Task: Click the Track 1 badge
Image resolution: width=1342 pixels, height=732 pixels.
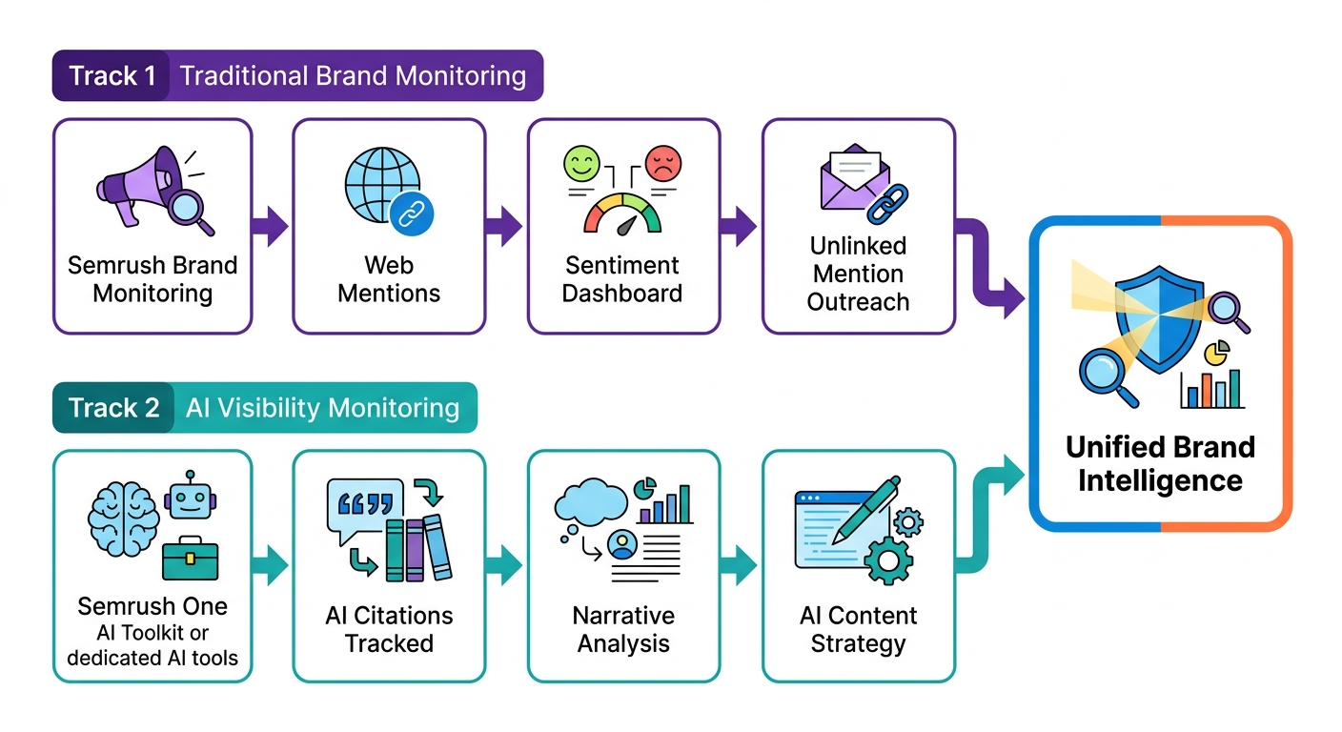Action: click(112, 76)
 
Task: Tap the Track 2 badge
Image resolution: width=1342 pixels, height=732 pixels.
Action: click(113, 409)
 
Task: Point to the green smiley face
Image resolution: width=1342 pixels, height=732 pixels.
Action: click(583, 164)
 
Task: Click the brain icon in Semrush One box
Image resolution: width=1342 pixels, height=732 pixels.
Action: click(123, 515)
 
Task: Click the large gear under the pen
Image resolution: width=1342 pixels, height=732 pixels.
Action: click(887, 559)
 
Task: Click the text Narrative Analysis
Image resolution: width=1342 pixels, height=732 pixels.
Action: click(623, 629)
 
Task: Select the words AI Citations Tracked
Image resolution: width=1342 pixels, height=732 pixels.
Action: click(389, 629)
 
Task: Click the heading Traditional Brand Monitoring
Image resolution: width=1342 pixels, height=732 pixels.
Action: click(353, 76)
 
